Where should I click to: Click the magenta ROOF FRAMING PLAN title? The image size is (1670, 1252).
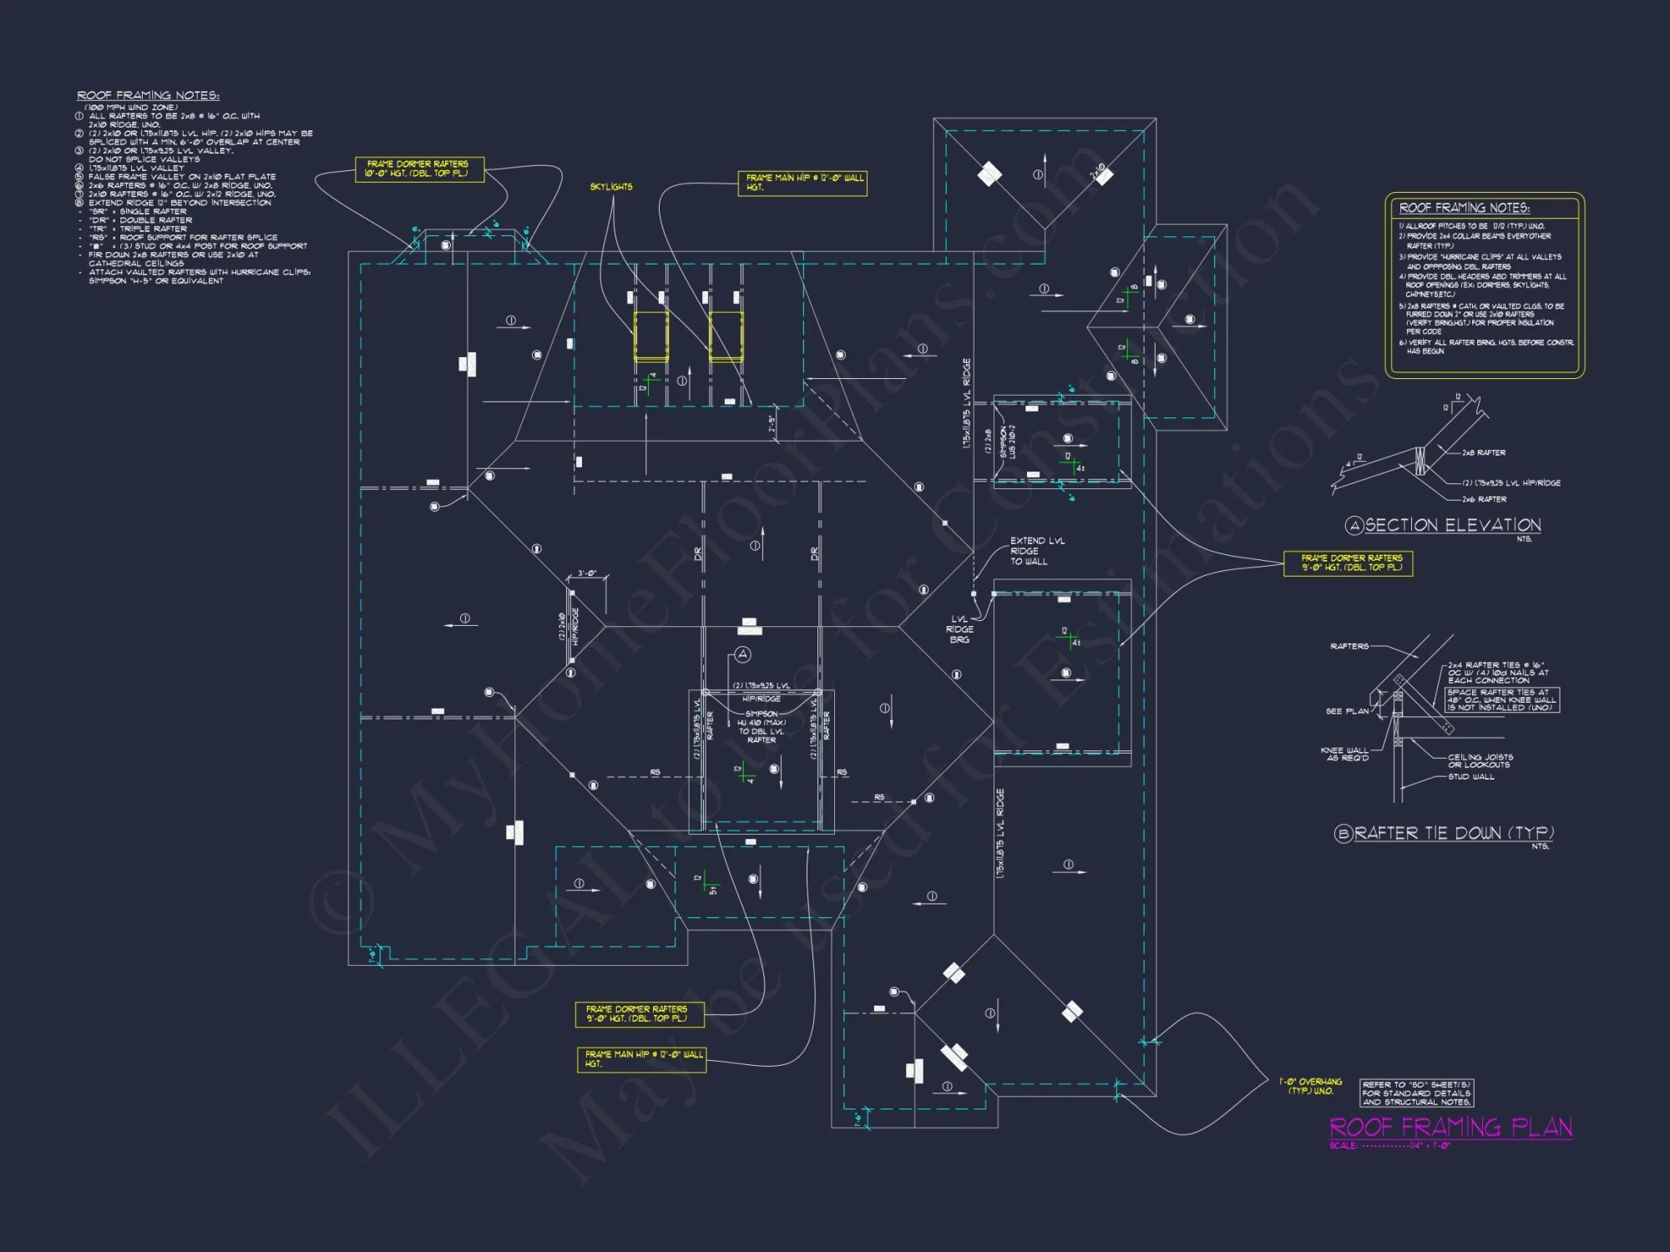(x=1450, y=1128)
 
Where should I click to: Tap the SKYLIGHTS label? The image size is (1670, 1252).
(x=611, y=187)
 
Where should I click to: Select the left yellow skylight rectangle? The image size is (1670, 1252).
(x=650, y=336)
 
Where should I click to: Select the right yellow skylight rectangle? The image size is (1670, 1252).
(x=726, y=336)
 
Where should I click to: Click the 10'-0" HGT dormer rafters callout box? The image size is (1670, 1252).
(x=419, y=169)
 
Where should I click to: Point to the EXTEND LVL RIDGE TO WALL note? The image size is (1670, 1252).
(x=1036, y=551)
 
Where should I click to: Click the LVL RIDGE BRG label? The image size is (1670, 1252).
(x=959, y=629)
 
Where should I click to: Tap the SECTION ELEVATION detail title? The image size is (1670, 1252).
(x=1452, y=525)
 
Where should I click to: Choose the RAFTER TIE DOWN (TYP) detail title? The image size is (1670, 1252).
(x=1453, y=833)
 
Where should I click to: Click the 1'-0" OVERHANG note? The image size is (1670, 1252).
(x=1310, y=1086)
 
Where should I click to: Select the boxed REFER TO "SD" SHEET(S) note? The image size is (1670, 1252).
(x=1417, y=1093)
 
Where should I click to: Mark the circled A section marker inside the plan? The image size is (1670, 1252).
(x=742, y=654)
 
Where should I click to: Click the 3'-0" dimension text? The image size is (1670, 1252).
(x=587, y=574)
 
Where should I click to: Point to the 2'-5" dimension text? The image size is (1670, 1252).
(x=772, y=424)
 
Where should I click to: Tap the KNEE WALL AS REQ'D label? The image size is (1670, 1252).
(x=1344, y=754)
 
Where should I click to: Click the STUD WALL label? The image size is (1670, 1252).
(x=1471, y=777)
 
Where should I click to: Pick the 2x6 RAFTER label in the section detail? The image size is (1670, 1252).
(x=1484, y=499)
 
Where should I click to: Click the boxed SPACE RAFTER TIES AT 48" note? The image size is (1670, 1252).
(x=1502, y=699)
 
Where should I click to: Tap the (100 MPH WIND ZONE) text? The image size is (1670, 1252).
(x=131, y=107)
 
